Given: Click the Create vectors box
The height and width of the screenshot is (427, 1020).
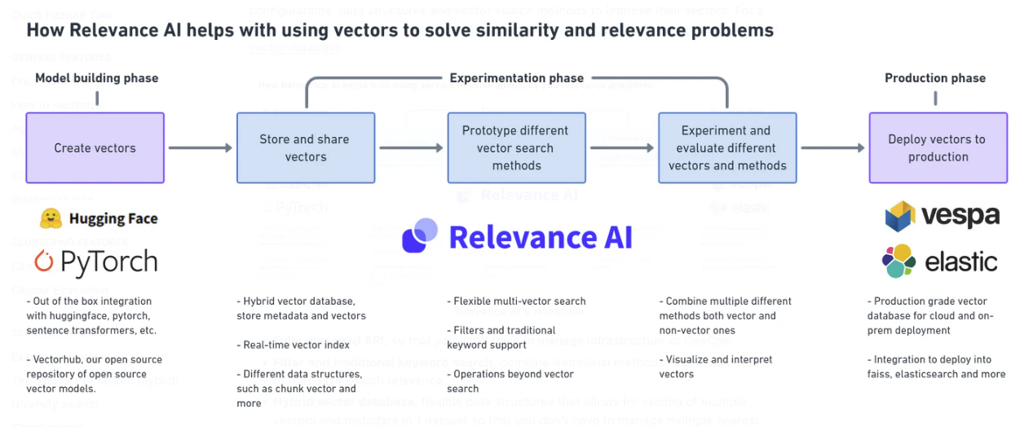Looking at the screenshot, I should [x=95, y=147].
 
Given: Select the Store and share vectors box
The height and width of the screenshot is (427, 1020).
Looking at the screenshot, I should [x=306, y=147].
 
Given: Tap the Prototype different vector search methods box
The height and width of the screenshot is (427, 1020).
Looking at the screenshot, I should [x=516, y=147].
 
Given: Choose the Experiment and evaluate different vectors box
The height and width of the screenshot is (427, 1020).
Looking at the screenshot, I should [x=727, y=147].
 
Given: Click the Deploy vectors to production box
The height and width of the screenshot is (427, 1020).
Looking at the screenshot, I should [x=938, y=147].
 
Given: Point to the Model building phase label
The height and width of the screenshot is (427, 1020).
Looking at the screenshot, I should [x=97, y=78].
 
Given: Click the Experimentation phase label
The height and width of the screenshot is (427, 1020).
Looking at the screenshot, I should [x=516, y=78].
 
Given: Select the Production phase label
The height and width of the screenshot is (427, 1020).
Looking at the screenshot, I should [x=935, y=78].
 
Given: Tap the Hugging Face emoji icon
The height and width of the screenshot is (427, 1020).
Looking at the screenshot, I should [x=51, y=218].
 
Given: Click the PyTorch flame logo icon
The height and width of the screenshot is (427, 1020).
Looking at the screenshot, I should [x=44, y=262].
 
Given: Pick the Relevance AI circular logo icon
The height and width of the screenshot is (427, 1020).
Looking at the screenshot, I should [x=420, y=236].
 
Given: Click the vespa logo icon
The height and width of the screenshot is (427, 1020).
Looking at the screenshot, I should [x=900, y=216].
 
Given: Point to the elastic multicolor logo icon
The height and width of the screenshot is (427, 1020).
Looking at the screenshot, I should [x=899, y=262].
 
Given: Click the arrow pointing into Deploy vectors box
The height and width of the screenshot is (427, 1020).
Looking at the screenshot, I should [x=832, y=148].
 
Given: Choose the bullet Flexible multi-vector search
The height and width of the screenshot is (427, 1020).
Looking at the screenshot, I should [x=516, y=302].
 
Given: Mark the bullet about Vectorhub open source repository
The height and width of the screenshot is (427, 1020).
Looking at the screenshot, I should [x=94, y=374].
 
